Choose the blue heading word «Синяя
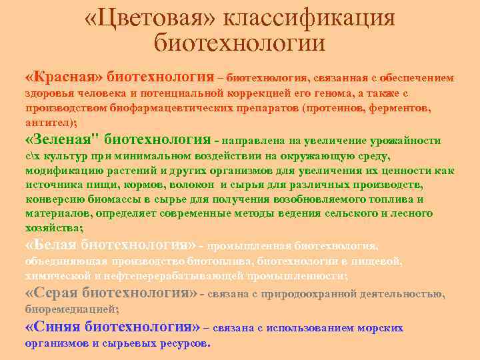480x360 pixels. [x=53, y=327]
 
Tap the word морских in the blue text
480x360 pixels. [x=381, y=329]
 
